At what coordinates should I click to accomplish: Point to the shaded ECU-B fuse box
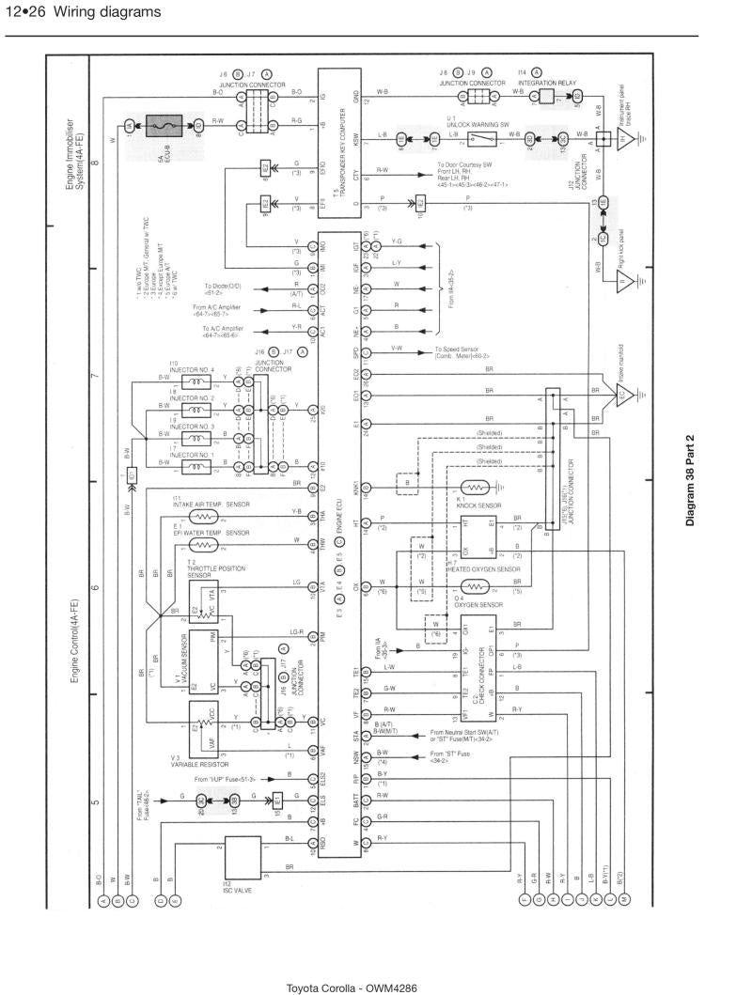click(x=164, y=126)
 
